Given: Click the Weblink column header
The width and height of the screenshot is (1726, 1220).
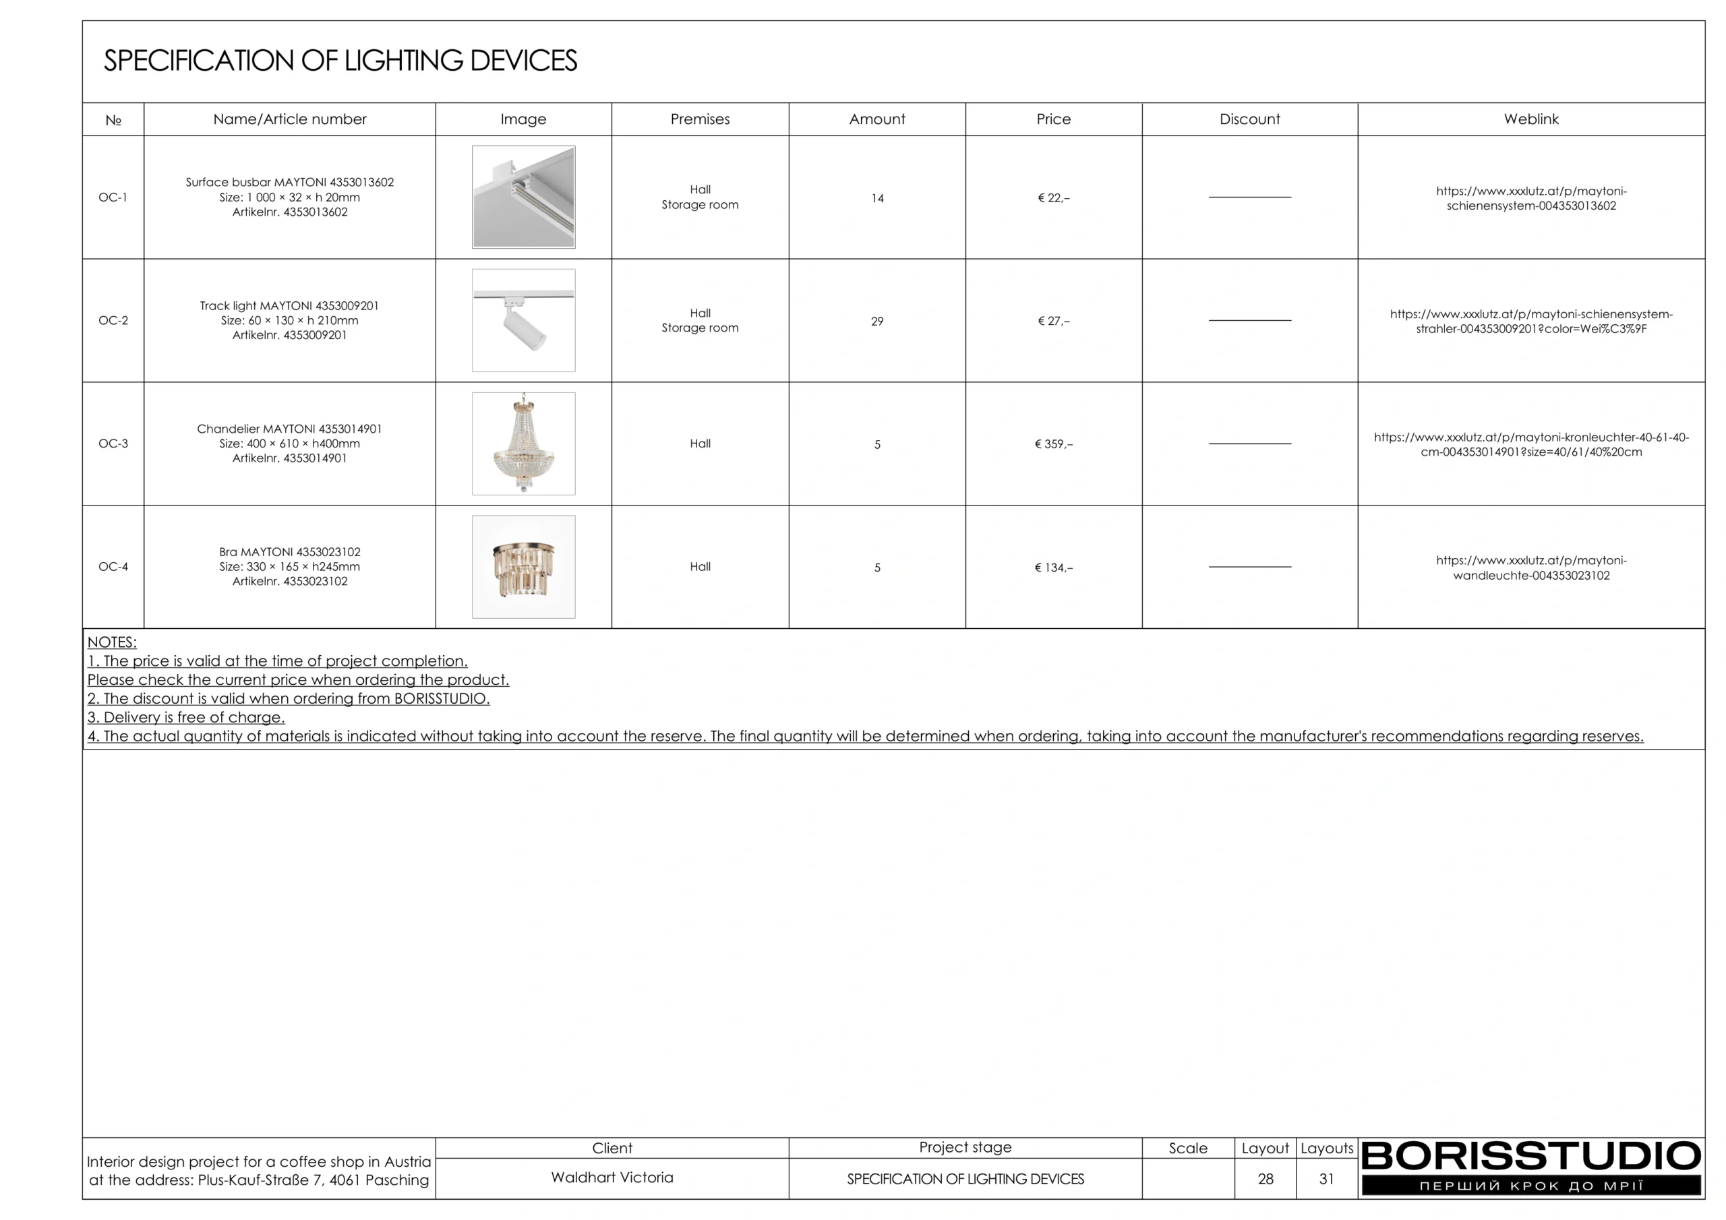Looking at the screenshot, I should [1530, 119].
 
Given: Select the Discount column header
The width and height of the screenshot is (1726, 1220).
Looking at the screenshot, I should [1249, 119].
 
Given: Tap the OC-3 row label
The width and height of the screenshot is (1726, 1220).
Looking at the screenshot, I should [113, 444].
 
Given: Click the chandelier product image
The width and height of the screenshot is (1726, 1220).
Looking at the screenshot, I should [523, 444].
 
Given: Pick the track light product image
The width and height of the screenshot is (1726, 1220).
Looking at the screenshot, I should [523, 320].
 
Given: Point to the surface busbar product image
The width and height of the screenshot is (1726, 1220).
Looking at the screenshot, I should [523, 197].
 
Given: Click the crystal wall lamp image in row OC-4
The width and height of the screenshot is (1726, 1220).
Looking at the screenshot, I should [523, 567].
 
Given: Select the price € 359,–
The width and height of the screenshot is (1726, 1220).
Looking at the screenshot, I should [1053, 444].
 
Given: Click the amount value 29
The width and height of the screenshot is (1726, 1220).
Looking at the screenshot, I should [876, 321].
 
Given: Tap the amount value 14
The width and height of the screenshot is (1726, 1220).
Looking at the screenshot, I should [876, 198].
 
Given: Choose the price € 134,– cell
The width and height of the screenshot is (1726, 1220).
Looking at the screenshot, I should [1053, 568].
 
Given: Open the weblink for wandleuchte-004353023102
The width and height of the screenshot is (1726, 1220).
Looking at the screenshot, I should [1530, 568].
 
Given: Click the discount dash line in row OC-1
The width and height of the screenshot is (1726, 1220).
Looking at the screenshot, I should [1249, 197].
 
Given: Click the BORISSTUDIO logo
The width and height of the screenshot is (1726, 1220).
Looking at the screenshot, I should [1530, 1166].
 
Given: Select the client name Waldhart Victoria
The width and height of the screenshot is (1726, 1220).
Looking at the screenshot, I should [612, 1177].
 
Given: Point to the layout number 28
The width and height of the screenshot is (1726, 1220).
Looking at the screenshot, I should [1266, 1179].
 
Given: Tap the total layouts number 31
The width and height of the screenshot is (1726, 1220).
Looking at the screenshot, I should [1326, 1179].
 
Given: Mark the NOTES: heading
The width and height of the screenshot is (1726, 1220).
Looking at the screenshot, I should [112, 642].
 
